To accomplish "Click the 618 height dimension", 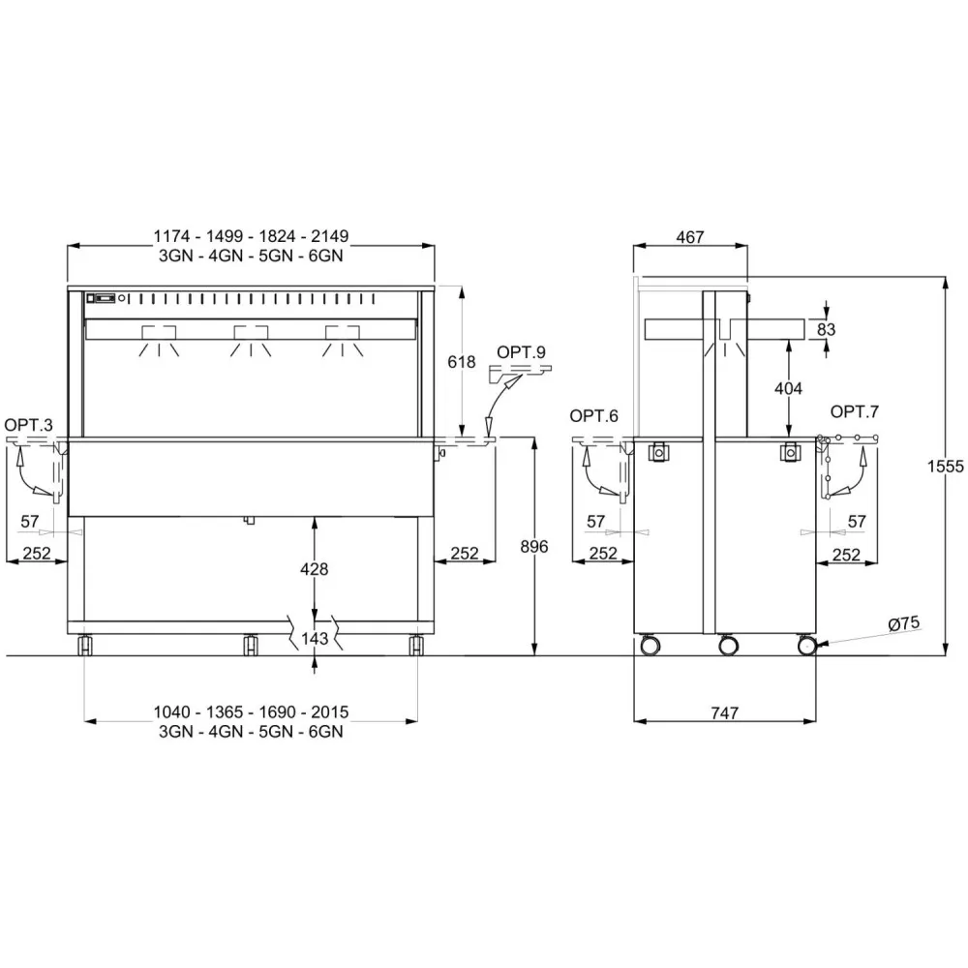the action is coord(461,362).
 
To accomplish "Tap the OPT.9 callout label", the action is coord(521,352).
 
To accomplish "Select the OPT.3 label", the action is coord(28,425).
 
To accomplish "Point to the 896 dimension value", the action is coord(534,546).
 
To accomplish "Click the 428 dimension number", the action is coord(315,569).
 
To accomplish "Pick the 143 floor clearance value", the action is coord(315,638).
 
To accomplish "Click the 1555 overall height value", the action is coord(945,467).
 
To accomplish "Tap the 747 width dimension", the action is coord(725,713).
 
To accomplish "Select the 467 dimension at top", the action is coord(689,237).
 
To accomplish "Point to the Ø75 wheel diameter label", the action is coord(904,624).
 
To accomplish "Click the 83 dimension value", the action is coord(826,330).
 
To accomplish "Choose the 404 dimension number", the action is coord(788,388).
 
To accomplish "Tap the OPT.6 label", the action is coord(594,416).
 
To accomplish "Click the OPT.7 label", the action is coord(855,411).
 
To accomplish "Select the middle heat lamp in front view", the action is coord(251,340).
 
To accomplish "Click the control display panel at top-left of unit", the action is coord(102,298).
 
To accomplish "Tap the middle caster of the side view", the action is coord(728,645).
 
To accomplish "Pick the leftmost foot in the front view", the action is coord(84,645).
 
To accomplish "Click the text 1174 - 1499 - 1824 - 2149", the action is coord(251,236).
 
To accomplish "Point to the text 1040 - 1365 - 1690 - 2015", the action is coord(251,711).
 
